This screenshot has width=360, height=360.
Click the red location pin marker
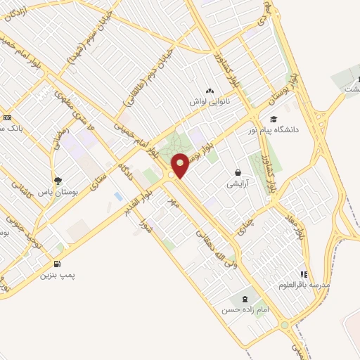pyautogui.click(x=180, y=165)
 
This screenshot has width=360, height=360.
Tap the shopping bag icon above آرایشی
pyautogui.click(x=238, y=172)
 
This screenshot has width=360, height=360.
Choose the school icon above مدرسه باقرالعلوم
pyautogui.click(x=304, y=274)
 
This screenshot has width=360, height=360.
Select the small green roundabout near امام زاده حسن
pyautogui.click(x=284, y=326)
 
